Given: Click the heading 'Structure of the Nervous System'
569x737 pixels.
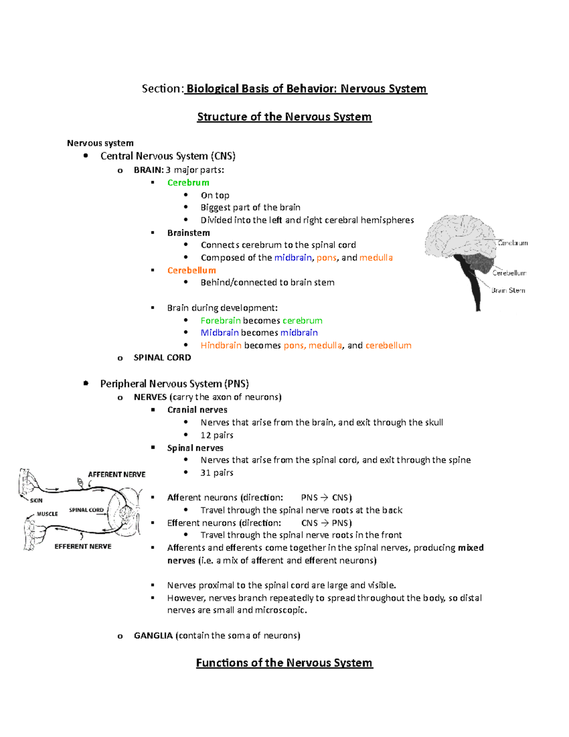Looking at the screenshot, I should [284, 117].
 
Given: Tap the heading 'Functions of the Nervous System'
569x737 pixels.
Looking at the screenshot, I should [284, 662].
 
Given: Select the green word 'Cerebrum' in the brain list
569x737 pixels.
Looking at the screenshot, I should [188, 183].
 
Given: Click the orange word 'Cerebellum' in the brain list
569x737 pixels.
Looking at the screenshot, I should [191, 271].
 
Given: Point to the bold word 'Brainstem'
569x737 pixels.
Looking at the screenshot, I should [188, 233].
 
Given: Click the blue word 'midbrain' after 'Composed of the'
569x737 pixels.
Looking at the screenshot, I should [293, 258].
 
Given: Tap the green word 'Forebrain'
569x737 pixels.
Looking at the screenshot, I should [220, 321].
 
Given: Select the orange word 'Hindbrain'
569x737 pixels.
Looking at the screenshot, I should [220, 345].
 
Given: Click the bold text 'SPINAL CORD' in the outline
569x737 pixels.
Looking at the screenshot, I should [162, 358].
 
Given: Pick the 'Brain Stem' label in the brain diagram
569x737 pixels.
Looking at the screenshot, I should [508, 290].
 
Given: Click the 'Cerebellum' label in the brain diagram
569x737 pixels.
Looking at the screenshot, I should [509, 273].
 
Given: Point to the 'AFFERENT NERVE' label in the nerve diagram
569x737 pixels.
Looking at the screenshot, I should [117, 475].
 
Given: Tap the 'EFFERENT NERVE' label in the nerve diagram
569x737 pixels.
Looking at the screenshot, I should [83, 547].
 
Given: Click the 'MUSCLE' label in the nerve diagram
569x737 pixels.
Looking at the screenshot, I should [47, 514].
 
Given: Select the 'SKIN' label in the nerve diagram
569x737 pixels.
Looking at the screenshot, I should [36, 501].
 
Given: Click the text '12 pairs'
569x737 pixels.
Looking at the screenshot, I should [217, 435].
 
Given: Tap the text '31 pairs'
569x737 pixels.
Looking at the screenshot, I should [217, 473].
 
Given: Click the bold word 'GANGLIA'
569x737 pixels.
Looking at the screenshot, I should [153, 635].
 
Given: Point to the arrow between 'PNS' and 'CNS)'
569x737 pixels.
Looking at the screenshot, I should [324, 498].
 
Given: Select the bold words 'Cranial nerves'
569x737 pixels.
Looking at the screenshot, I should [197, 410].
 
